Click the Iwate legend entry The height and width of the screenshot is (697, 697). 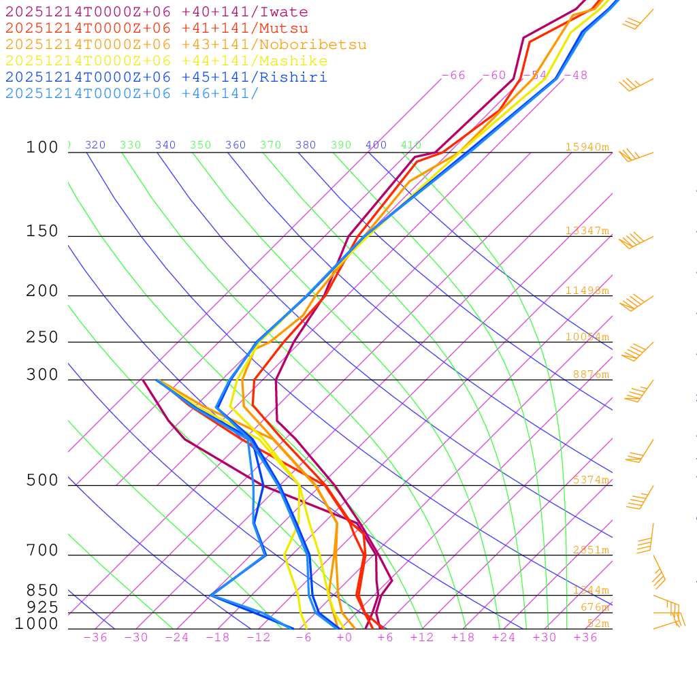(x=157, y=12)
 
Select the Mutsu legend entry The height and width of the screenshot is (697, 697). (x=157, y=29)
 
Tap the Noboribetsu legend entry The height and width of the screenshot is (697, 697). (x=186, y=45)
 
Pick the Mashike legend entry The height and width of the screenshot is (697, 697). (x=166, y=61)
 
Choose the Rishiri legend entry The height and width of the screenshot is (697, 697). (x=166, y=78)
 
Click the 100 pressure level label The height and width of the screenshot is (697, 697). (x=42, y=147)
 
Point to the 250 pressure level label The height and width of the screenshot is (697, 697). (x=42, y=338)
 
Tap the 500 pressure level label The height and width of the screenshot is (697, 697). (x=42, y=481)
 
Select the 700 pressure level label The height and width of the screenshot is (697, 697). (x=42, y=551)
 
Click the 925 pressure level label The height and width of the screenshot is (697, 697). (x=42, y=607)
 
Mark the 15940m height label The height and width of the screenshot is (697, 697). (x=587, y=147)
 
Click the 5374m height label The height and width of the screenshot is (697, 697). (x=590, y=480)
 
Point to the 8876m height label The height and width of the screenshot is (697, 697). (x=590, y=374)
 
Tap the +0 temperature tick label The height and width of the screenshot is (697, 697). (x=344, y=637)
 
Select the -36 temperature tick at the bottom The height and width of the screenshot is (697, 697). (x=95, y=637)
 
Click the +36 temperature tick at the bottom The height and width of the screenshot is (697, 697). (x=585, y=637)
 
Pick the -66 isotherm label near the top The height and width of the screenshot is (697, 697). (x=453, y=76)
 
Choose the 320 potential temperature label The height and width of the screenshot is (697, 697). (x=95, y=145)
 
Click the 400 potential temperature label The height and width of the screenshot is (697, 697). (x=376, y=145)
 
